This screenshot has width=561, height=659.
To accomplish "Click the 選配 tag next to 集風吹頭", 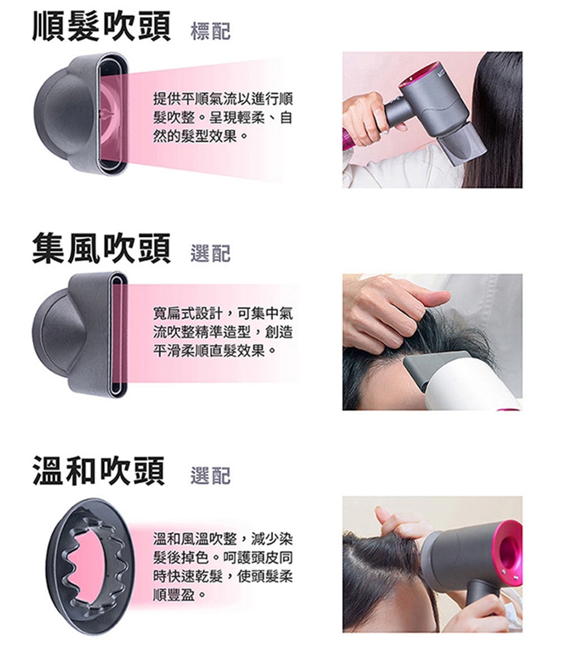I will click(210, 254).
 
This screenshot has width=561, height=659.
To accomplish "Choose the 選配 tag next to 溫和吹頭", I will click(210, 476).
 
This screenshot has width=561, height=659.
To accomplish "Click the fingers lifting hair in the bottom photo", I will click(401, 524).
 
